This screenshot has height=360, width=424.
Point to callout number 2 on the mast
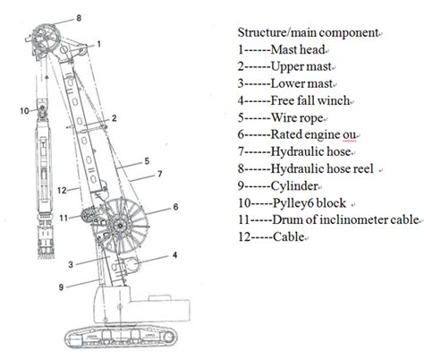114,117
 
